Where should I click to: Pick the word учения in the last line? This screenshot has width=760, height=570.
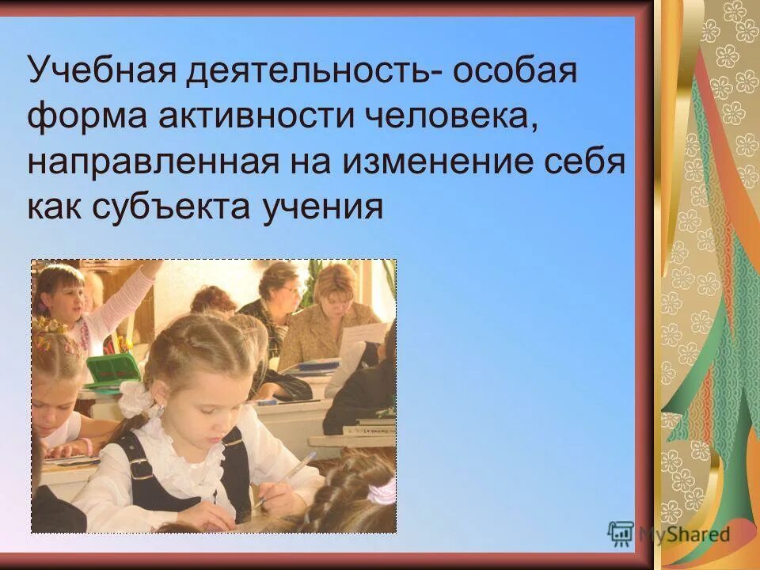click(x=320, y=207)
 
